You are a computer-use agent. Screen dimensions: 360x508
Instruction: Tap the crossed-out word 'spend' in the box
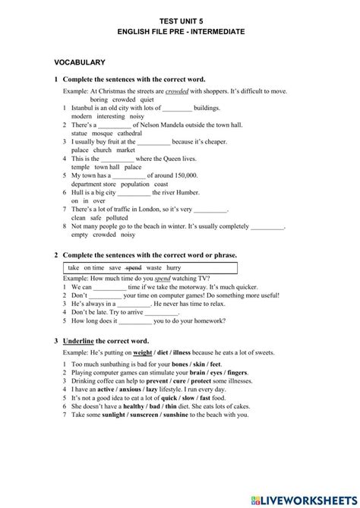point(134,268)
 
